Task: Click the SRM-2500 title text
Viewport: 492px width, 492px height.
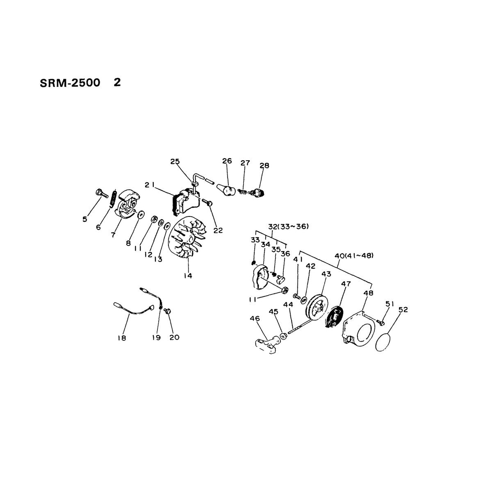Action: click(70, 83)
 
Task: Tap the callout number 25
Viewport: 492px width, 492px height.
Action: click(175, 162)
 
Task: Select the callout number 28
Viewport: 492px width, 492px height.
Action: click(264, 166)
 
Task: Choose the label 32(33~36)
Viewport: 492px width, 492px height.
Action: click(289, 226)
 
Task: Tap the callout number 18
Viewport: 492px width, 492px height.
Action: click(122, 338)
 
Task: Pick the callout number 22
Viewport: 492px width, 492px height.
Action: click(218, 230)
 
